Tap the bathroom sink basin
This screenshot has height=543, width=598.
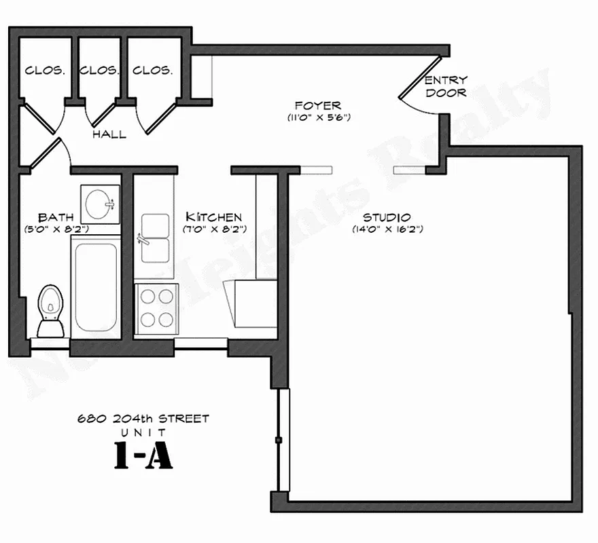tap(101, 203)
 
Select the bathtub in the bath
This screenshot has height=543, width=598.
tap(94, 288)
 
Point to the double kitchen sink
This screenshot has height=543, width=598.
tap(156, 238)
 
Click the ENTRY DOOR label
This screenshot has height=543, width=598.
tap(446, 86)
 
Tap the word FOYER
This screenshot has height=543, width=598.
tap(318, 106)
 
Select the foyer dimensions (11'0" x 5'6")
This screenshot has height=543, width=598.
tap(318, 117)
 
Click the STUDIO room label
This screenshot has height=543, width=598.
tap(387, 218)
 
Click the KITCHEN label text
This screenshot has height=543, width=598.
tap(213, 217)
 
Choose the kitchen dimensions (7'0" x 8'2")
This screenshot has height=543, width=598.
tap(213, 229)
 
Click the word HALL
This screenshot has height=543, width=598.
tap(109, 134)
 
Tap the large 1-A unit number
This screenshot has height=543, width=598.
tap(143, 457)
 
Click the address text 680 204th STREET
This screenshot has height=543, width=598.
tap(143, 419)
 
